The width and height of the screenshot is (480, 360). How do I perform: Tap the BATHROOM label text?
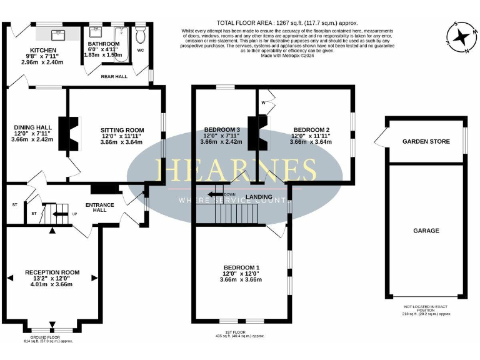(x=104, y=44)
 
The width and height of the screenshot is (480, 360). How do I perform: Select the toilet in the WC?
(x=140, y=32)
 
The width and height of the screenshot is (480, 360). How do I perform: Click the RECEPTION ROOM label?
(x=52, y=272)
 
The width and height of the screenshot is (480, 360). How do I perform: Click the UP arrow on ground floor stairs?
(x=59, y=214)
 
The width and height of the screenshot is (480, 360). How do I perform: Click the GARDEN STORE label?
(x=426, y=142)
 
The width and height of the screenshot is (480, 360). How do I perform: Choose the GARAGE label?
(x=426, y=231)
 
